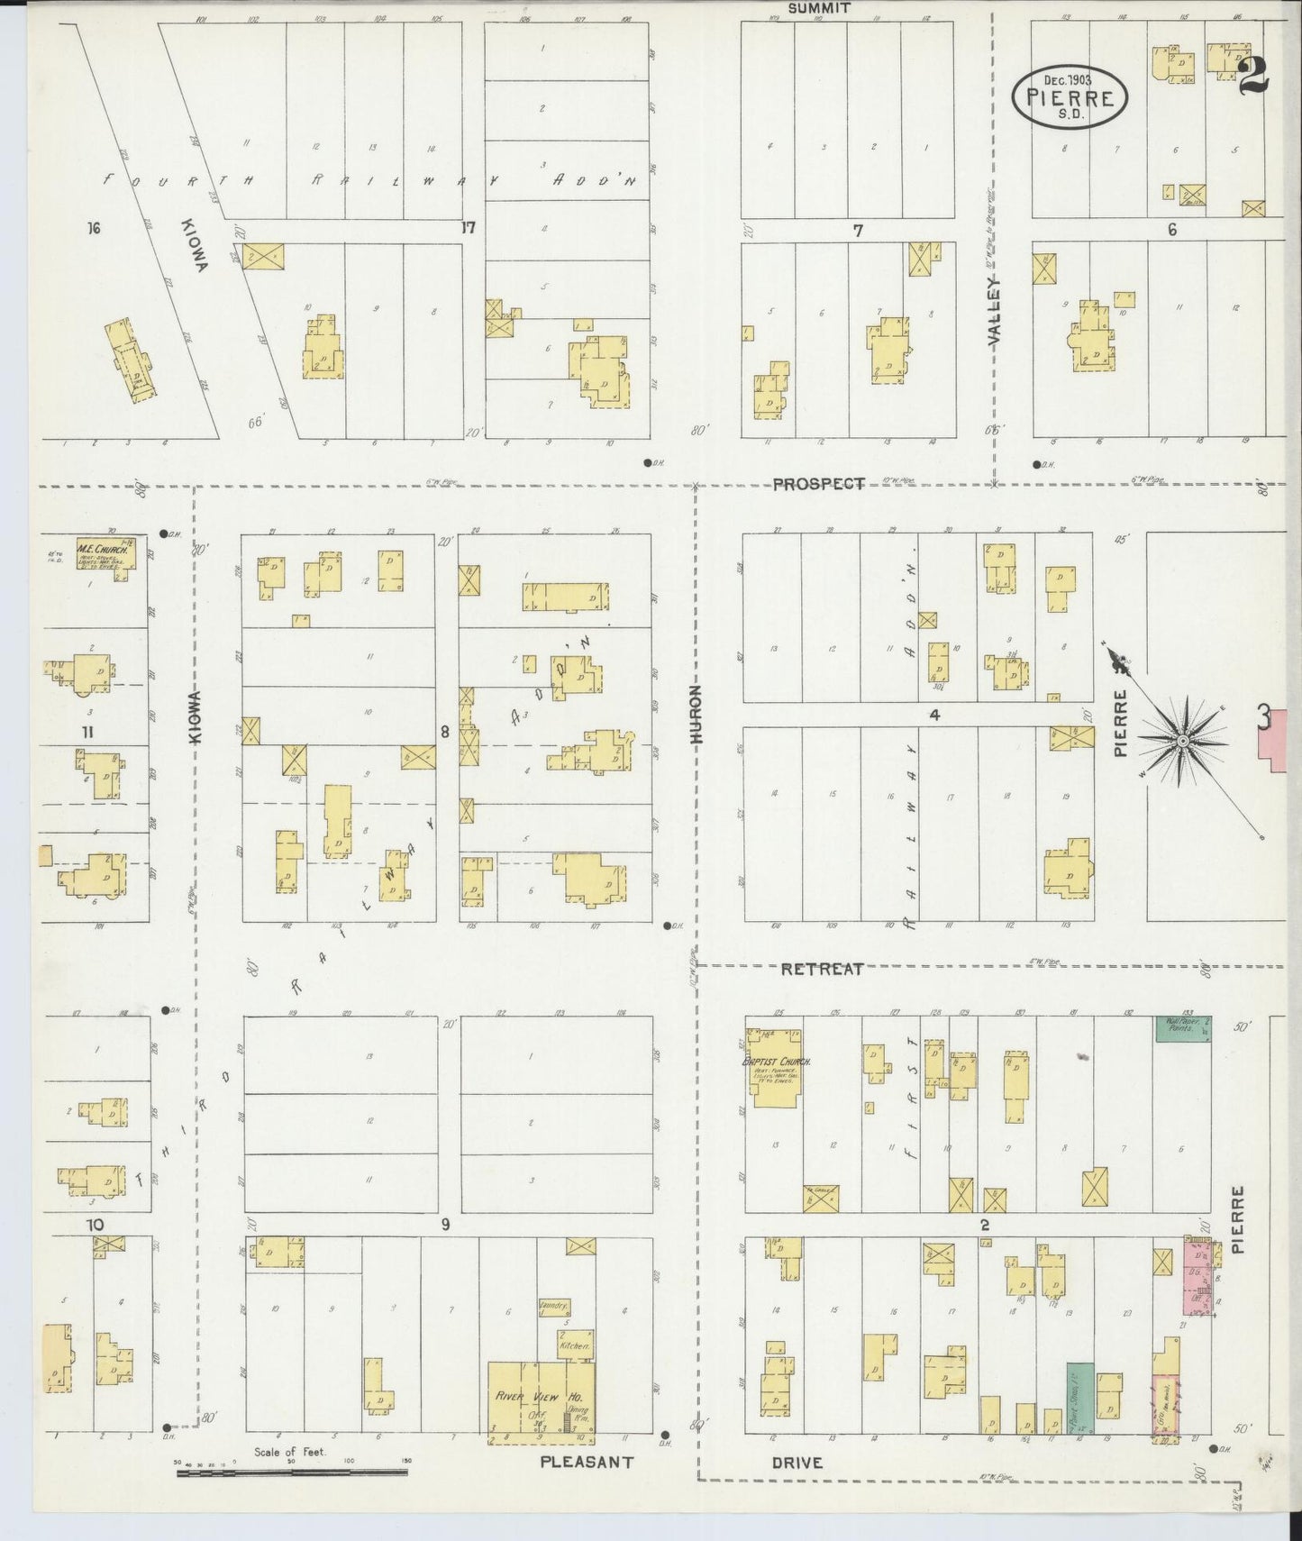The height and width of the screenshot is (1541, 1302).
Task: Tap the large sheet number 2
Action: pyautogui.click(x=1253, y=76)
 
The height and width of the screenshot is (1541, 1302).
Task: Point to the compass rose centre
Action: pyautogui.click(x=1181, y=741)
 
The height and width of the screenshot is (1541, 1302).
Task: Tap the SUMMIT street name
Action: pyautogui.click(x=818, y=8)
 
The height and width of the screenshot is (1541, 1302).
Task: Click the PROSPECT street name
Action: pyautogui.click(x=818, y=484)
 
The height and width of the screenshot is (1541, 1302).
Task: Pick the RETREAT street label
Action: pyautogui.click(x=822, y=969)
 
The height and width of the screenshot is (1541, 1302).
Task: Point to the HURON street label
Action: pyautogui.click(x=696, y=715)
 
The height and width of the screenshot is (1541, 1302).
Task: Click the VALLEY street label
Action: pyautogui.click(x=994, y=313)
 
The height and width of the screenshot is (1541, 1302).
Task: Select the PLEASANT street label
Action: pyautogui.click(x=587, y=1462)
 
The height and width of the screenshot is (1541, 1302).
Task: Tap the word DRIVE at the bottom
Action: pyautogui.click(x=797, y=1462)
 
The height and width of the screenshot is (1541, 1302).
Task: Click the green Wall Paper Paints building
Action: pyautogui.click(x=1183, y=1028)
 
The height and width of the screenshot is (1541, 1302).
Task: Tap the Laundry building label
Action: pyautogui.click(x=551, y=1303)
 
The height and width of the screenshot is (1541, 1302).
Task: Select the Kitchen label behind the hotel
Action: pyautogui.click(x=575, y=1345)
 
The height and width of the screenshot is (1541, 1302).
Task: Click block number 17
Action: pyautogui.click(x=468, y=228)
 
